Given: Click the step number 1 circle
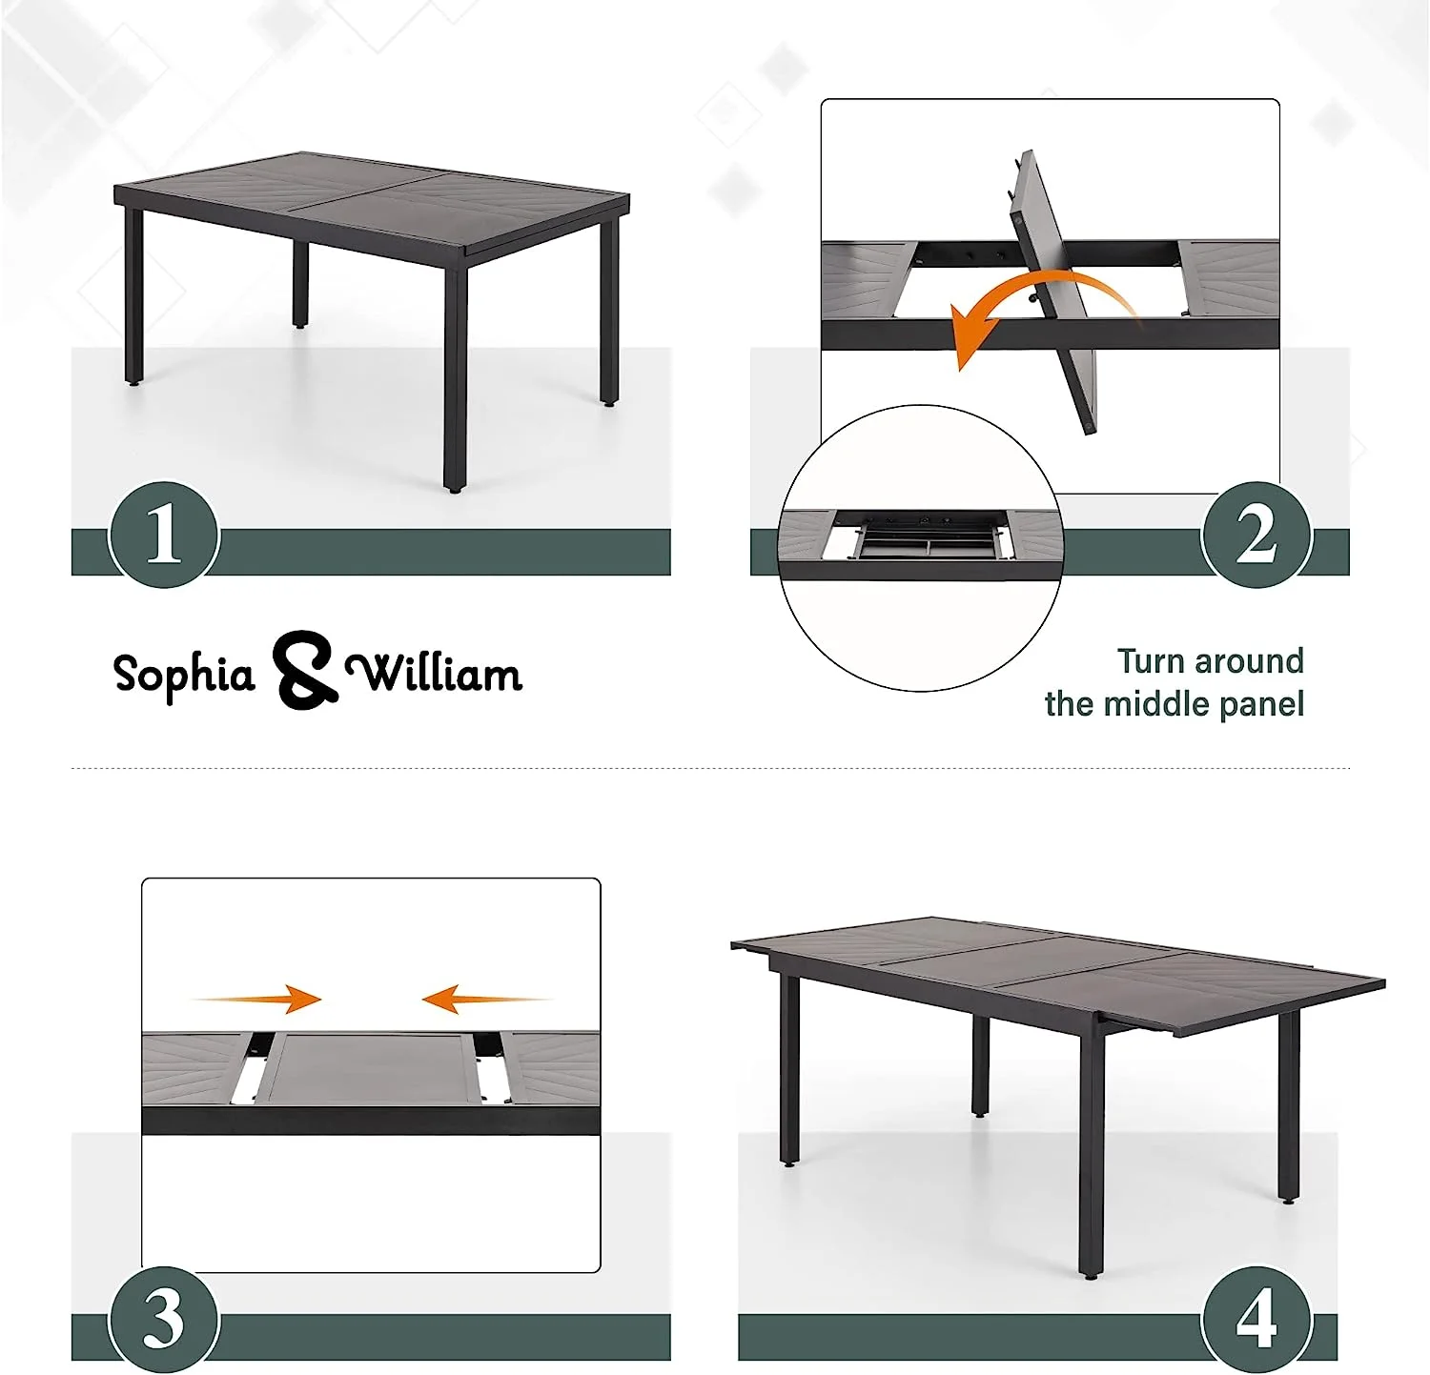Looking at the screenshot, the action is [164, 535].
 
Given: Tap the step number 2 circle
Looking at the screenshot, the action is [1256, 535].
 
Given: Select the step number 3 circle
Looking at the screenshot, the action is [164, 1320].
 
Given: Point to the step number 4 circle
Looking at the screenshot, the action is [1256, 1320].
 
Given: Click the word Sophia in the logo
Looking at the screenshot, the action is [184, 675].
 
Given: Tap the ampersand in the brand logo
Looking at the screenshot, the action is [304, 670].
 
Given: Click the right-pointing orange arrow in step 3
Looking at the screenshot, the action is [257, 999].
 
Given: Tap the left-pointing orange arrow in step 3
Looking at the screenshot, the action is [486, 999].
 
